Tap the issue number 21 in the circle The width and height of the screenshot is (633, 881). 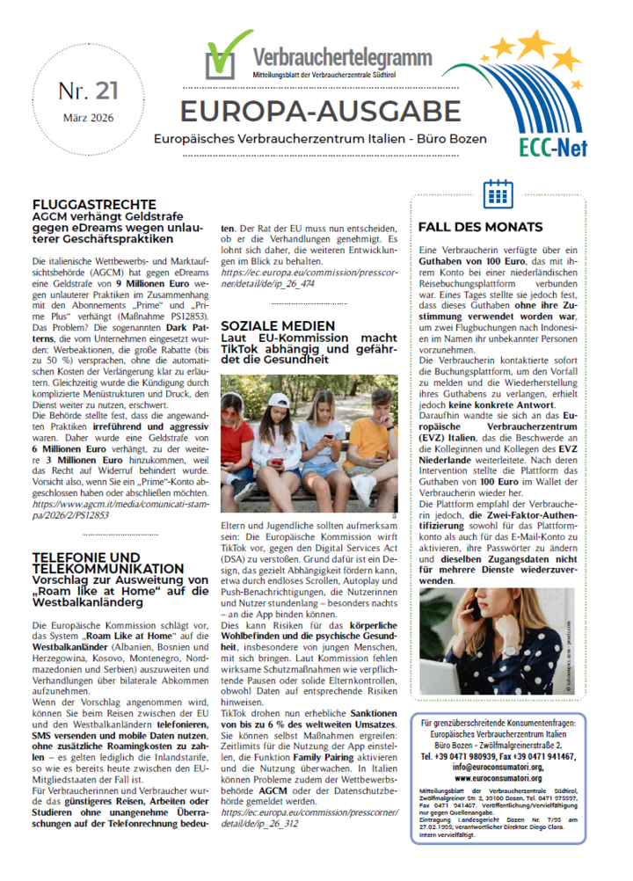coord(88,91)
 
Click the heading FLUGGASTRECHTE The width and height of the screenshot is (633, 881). coord(94,205)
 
